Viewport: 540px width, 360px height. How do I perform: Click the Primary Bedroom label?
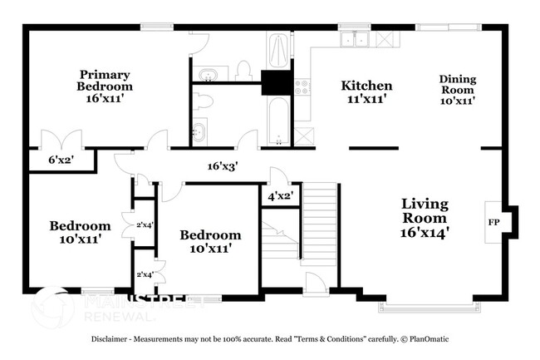[105, 86]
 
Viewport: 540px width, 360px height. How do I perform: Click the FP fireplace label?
[493, 222]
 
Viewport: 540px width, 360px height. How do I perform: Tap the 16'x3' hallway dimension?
[223, 166]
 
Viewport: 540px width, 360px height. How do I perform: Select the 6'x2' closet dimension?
[61, 160]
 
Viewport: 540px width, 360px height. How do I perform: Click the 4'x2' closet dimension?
[281, 196]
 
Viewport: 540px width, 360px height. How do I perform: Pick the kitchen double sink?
[354, 39]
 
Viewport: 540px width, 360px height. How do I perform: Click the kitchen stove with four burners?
[302, 86]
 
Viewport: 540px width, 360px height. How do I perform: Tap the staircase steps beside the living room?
[318, 224]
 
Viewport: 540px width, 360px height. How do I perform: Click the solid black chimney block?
[277, 82]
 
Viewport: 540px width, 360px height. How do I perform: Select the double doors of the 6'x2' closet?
[61, 139]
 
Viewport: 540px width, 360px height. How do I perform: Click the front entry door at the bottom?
[316, 284]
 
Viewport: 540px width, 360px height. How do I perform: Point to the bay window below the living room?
[430, 307]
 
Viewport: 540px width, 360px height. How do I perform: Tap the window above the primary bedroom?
[157, 27]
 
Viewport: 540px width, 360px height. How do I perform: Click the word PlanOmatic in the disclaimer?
[430, 339]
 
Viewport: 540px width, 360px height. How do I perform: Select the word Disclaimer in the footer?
[109, 339]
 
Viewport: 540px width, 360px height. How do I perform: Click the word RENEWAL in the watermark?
[119, 317]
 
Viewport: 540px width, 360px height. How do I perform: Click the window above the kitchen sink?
[355, 27]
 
